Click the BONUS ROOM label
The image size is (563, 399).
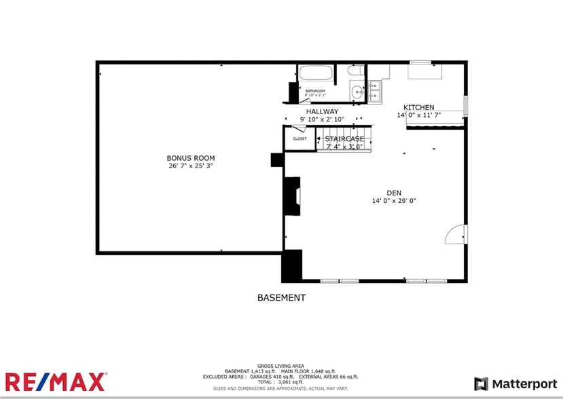191,158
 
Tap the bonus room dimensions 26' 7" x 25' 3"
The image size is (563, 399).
191,166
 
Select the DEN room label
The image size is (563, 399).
394,192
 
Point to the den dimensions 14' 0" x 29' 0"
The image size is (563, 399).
394,200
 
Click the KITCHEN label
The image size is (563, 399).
419,107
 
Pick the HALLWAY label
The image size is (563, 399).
322,112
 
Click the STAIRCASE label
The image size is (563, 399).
344,138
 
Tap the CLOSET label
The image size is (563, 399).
299,139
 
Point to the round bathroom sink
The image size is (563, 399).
357,92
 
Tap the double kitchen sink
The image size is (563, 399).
375,92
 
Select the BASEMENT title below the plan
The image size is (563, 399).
281,298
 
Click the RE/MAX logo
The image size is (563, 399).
56,381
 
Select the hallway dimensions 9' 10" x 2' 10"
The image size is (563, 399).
322,119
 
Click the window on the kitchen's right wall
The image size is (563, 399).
466,106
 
